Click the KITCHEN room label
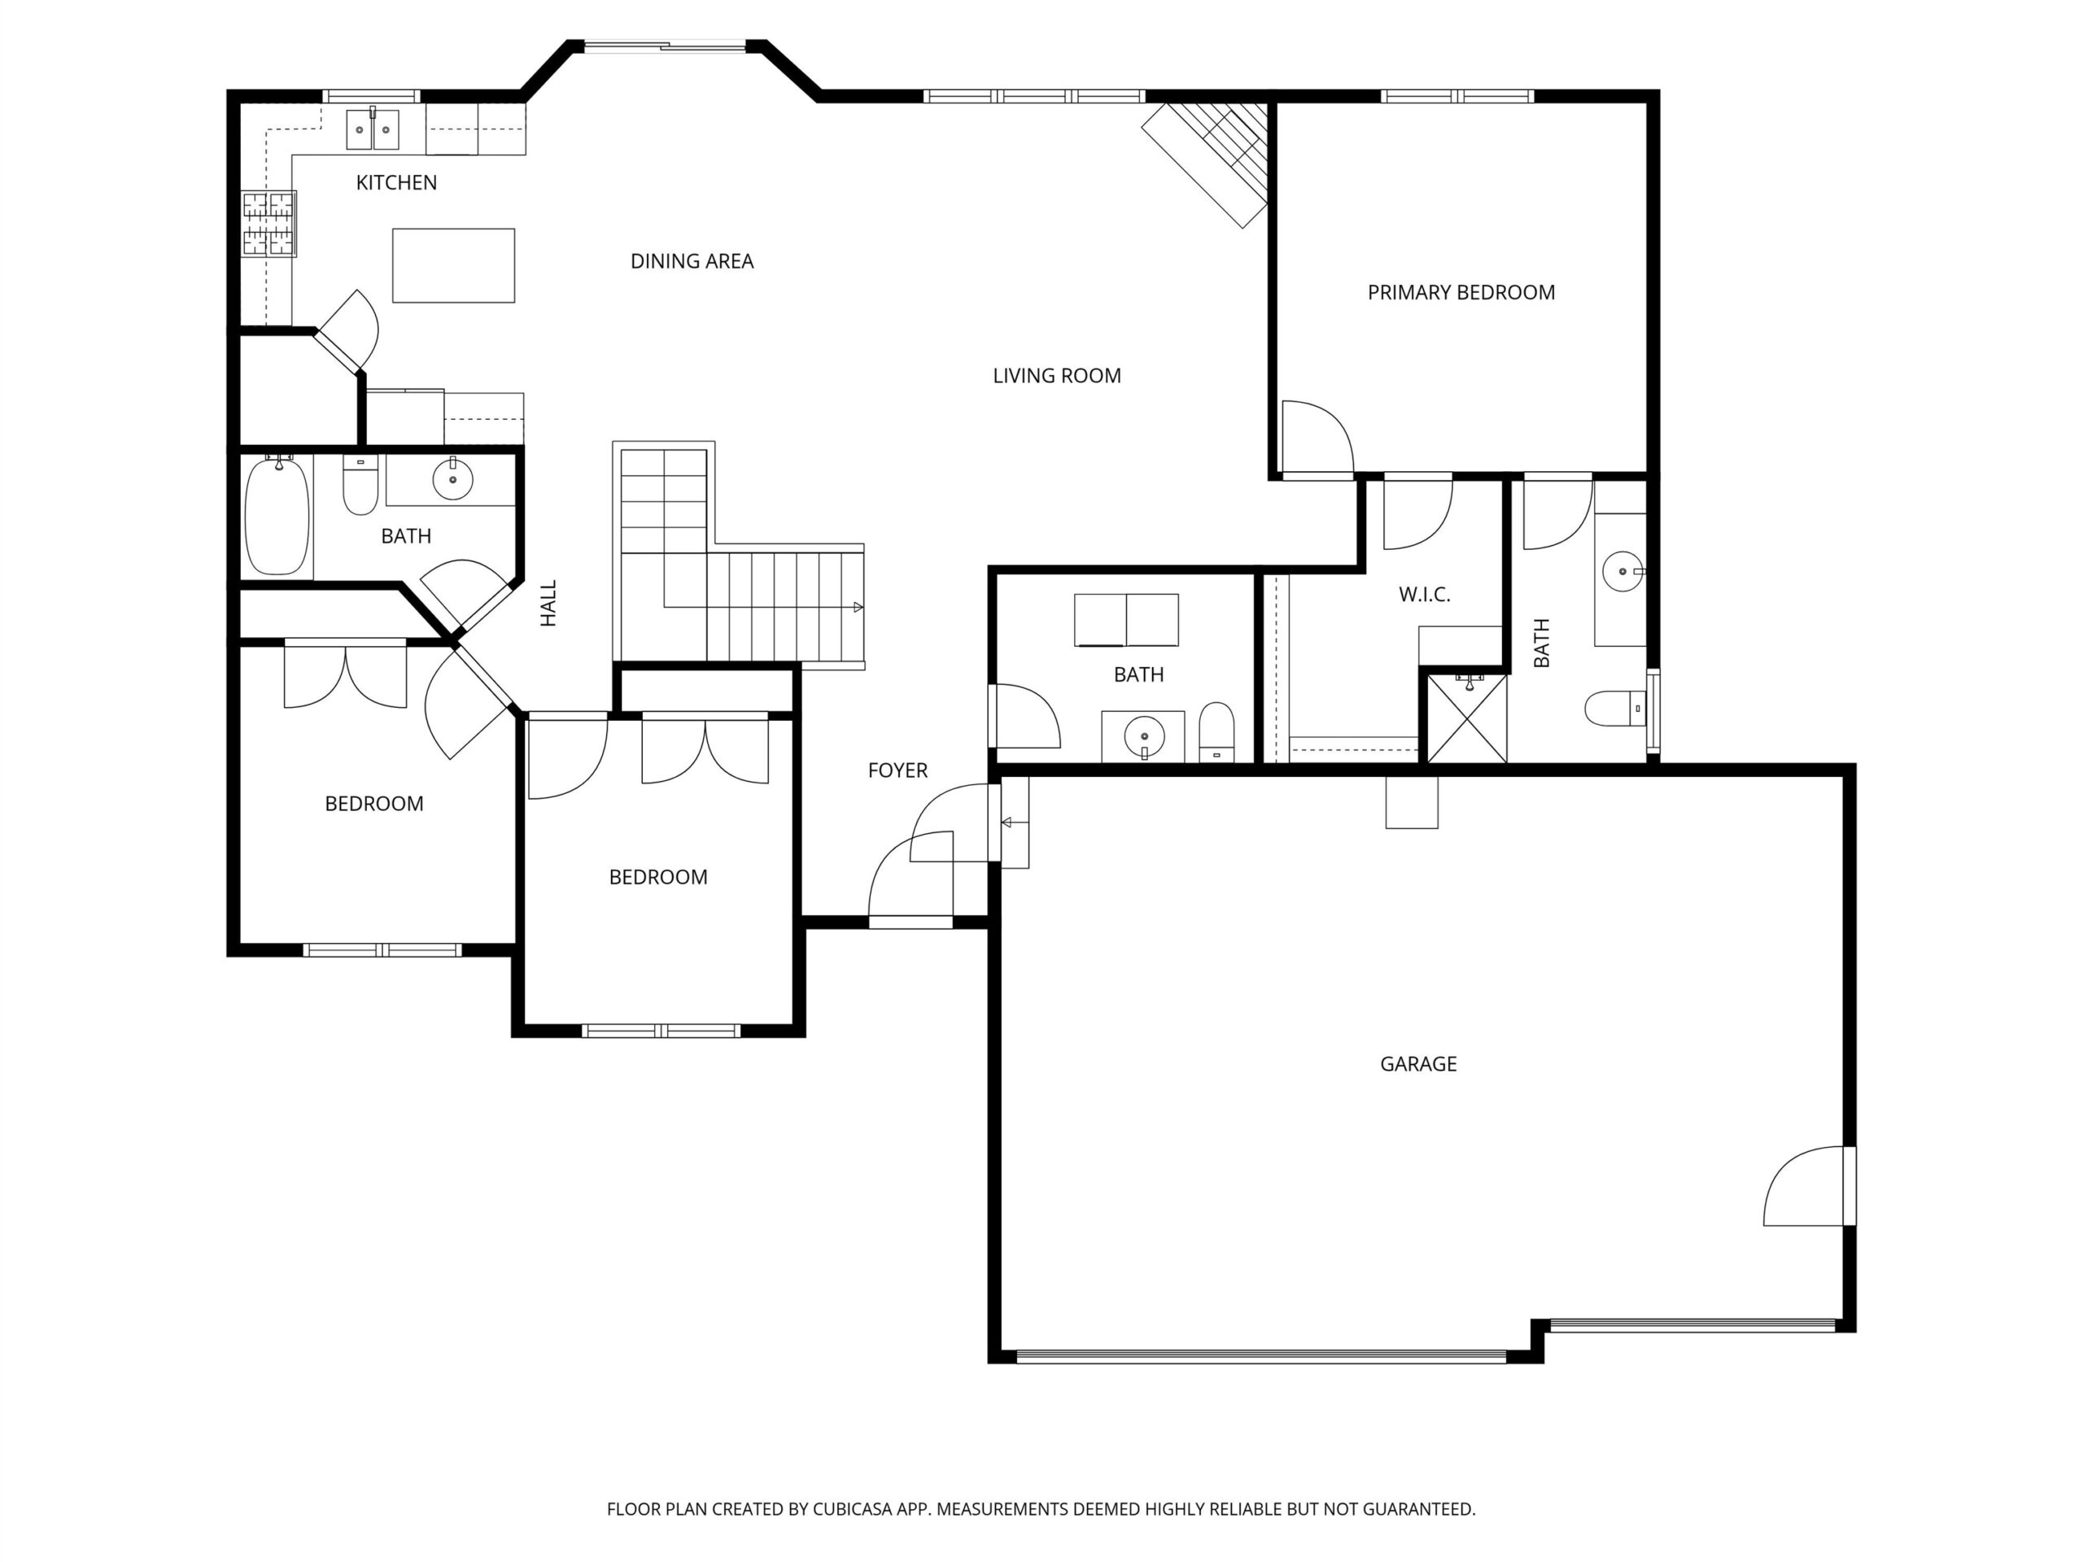[x=396, y=183]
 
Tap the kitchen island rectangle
[x=453, y=265]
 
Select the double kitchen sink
[x=373, y=129]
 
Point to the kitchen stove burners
[x=269, y=224]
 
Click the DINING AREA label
[x=692, y=262]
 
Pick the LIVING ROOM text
[x=1057, y=376]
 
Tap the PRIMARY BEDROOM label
[x=1461, y=293]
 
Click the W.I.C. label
[x=1424, y=595]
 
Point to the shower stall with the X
[x=1467, y=718]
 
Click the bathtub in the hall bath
[x=277, y=515]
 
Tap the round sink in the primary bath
[x=1622, y=571]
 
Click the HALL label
[x=548, y=603]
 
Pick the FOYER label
[x=897, y=771]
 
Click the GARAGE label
[x=1418, y=1065]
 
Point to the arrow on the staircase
[x=857, y=607]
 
